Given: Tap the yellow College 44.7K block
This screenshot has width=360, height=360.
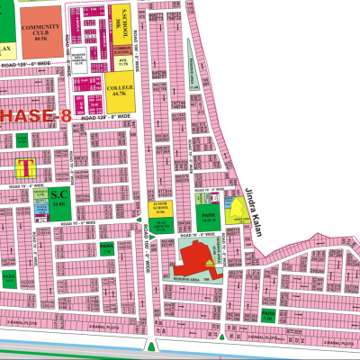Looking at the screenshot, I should [x=119, y=90].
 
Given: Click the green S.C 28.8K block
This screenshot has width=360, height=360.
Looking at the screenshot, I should [x=60, y=199].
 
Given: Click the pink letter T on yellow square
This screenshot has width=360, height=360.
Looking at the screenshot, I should [x=25, y=167].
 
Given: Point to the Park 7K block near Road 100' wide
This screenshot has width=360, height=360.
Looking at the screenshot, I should [x=106, y=248].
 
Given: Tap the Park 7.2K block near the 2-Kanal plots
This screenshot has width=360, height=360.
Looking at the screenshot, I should [x=267, y=315].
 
